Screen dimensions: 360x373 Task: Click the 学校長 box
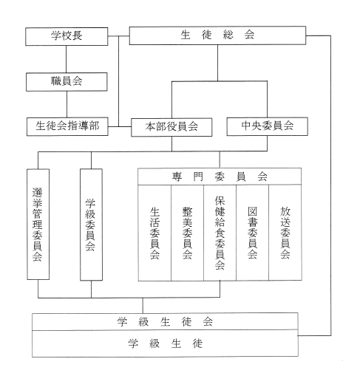67,36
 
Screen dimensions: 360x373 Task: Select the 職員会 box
67,82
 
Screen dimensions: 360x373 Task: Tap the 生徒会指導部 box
67,126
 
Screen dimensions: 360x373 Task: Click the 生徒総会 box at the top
217,35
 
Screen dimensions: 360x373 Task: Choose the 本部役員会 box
171,127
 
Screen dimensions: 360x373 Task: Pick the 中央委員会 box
267,126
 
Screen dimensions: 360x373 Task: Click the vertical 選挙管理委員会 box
38,224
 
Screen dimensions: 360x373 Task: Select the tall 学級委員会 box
91,225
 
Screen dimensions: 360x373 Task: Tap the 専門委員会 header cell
220,177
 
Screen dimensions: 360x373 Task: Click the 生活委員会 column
154,233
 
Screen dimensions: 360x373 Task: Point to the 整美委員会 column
187,233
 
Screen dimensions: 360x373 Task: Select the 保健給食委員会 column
220,233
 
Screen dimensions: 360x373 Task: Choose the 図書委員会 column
252,233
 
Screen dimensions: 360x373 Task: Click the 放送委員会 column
285,233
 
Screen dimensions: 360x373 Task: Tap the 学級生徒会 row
165,321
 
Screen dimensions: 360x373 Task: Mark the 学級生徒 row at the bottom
165,343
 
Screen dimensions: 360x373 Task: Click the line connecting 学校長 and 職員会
66,59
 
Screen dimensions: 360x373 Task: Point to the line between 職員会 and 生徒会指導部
67,104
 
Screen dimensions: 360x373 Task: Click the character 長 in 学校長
77,35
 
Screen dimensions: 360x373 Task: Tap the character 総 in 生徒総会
228,35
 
